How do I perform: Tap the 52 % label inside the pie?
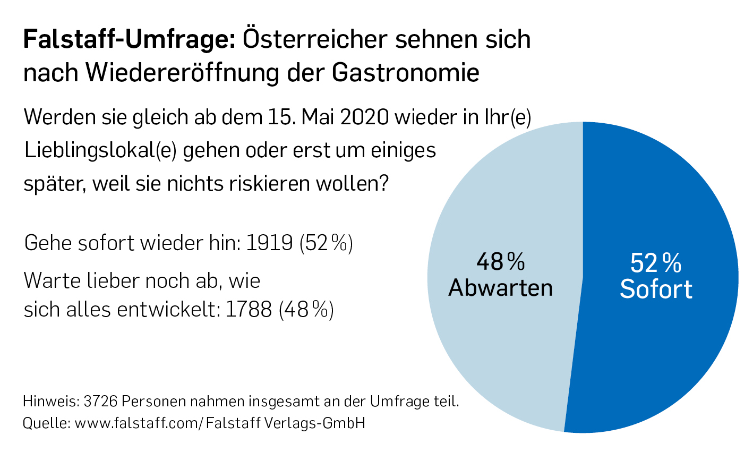pos(656,263)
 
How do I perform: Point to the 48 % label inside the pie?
pos(500,261)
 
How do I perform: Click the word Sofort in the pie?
pos(656,289)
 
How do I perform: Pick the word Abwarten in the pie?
pos(500,288)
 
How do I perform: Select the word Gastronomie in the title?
pos(406,72)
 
